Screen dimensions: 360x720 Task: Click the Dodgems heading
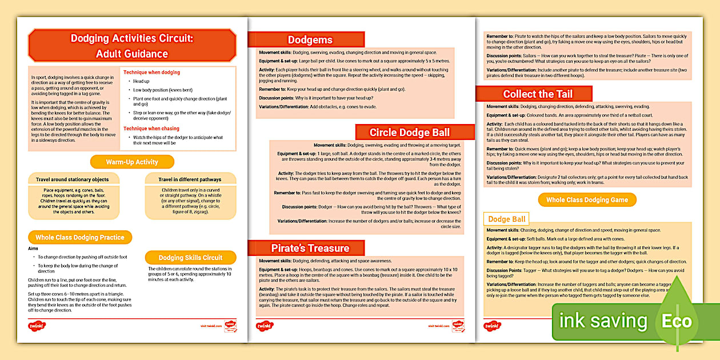310,40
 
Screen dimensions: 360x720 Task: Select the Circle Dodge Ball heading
409,133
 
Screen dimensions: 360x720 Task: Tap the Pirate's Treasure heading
310,248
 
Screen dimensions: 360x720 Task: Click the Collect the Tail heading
537,94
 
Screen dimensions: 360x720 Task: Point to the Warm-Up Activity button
132,162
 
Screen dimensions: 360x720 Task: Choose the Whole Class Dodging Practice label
80,237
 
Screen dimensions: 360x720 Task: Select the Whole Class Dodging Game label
587,200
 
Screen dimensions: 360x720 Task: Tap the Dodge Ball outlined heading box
506,219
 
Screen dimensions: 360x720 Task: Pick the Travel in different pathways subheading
190,179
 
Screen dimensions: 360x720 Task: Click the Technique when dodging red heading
151,73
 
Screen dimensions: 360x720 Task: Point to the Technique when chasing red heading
151,129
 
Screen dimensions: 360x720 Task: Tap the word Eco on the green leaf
677,321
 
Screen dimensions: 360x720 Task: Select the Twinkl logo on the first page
37,326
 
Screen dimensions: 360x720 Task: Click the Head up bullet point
142,81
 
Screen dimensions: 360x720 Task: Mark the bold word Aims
34,249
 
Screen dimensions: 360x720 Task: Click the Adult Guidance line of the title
132,54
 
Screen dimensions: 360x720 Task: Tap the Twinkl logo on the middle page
264,326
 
